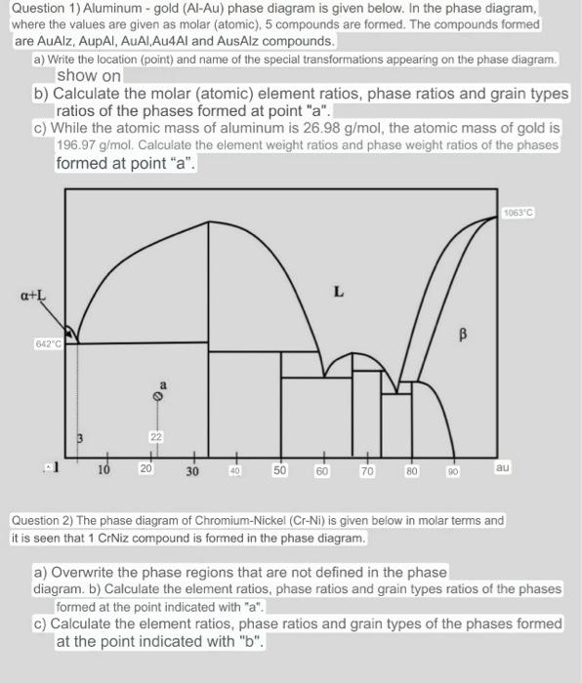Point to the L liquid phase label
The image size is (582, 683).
coord(338,290)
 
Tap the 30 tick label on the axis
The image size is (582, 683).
coord(192,472)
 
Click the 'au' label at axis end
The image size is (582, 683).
coord(502,468)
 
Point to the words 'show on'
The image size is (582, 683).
coord(89,75)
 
